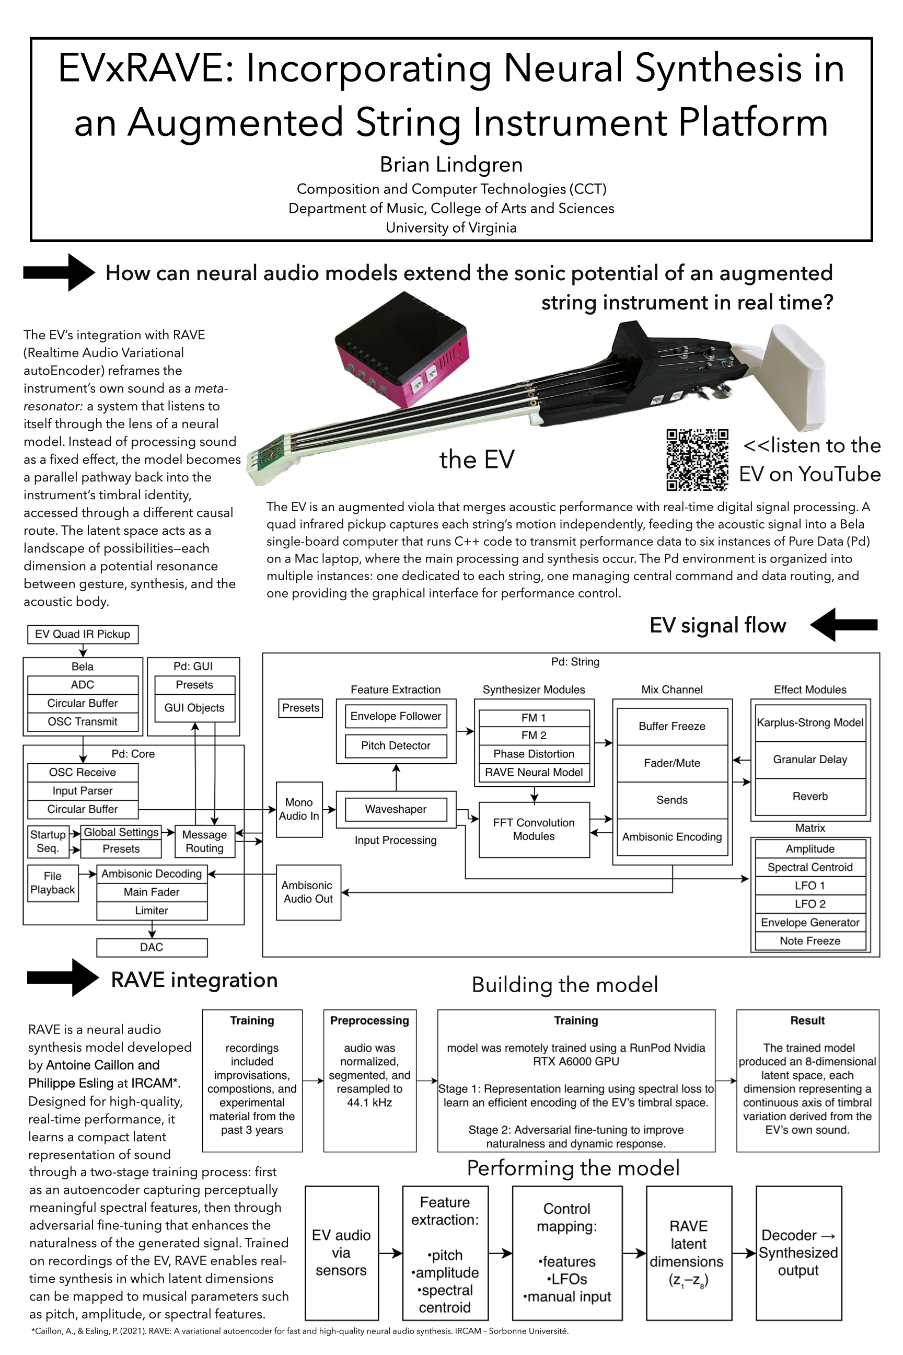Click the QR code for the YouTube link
pos(698,460)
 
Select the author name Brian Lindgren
pos(451,165)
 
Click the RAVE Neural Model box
pos(534,773)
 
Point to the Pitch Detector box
pos(396,745)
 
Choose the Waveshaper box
pos(396,809)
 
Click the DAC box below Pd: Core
pos(152,948)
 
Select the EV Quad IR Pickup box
pos(83,634)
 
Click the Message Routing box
pos(204,842)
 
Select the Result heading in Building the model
pos(807,1020)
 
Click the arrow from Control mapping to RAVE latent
pos(634,1253)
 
